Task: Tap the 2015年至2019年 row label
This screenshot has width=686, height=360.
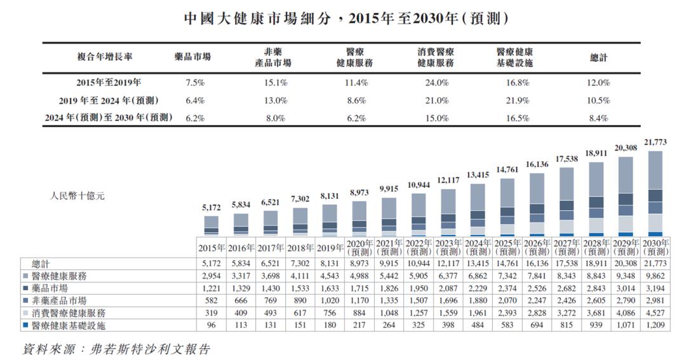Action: (x=109, y=83)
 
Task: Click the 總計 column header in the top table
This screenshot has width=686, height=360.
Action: (x=598, y=57)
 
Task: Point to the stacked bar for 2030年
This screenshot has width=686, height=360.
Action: (x=656, y=194)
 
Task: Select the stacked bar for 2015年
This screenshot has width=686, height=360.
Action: (x=212, y=226)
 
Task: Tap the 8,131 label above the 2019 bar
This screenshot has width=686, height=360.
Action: (x=330, y=197)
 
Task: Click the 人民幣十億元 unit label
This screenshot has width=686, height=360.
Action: (x=77, y=196)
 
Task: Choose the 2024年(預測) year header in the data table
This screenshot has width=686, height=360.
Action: (x=478, y=247)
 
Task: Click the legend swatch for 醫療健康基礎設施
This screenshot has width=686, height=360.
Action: (x=25, y=325)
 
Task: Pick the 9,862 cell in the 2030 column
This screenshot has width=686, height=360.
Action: (x=656, y=276)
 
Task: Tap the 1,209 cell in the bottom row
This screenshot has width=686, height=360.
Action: (x=656, y=325)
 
